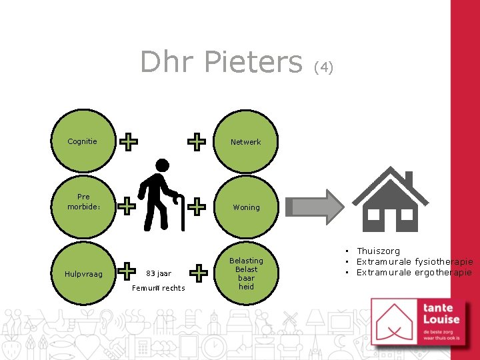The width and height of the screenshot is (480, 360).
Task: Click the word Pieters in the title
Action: pyautogui.click(x=253, y=62)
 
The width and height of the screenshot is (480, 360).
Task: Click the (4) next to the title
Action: pyautogui.click(x=323, y=67)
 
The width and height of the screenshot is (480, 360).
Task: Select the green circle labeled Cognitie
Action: pyautogui.click(x=83, y=141)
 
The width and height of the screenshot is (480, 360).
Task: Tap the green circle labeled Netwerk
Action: pyautogui.click(x=246, y=141)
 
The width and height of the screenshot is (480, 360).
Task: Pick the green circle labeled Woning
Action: pyautogui.click(x=246, y=207)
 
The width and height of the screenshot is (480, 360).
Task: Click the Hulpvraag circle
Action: pyautogui.click(x=83, y=273)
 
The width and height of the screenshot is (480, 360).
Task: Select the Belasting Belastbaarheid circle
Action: pyautogui.click(x=246, y=273)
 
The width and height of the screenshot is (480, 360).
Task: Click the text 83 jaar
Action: pyautogui.click(x=159, y=273)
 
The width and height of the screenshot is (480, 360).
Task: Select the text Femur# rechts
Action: pyautogui.click(x=159, y=288)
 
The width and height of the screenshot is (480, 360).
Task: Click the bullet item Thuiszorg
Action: pyautogui.click(x=378, y=251)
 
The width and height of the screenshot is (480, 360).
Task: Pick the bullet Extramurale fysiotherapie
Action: pyautogui.click(x=414, y=262)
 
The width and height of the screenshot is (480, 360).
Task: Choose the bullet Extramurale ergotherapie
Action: pyautogui.click(x=413, y=273)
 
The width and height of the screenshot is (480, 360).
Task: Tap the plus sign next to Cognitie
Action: pyautogui.click(x=128, y=141)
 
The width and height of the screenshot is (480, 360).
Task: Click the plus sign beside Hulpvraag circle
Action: pyautogui.click(x=127, y=271)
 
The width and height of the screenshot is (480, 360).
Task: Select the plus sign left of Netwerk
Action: pyautogui.click(x=196, y=141)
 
